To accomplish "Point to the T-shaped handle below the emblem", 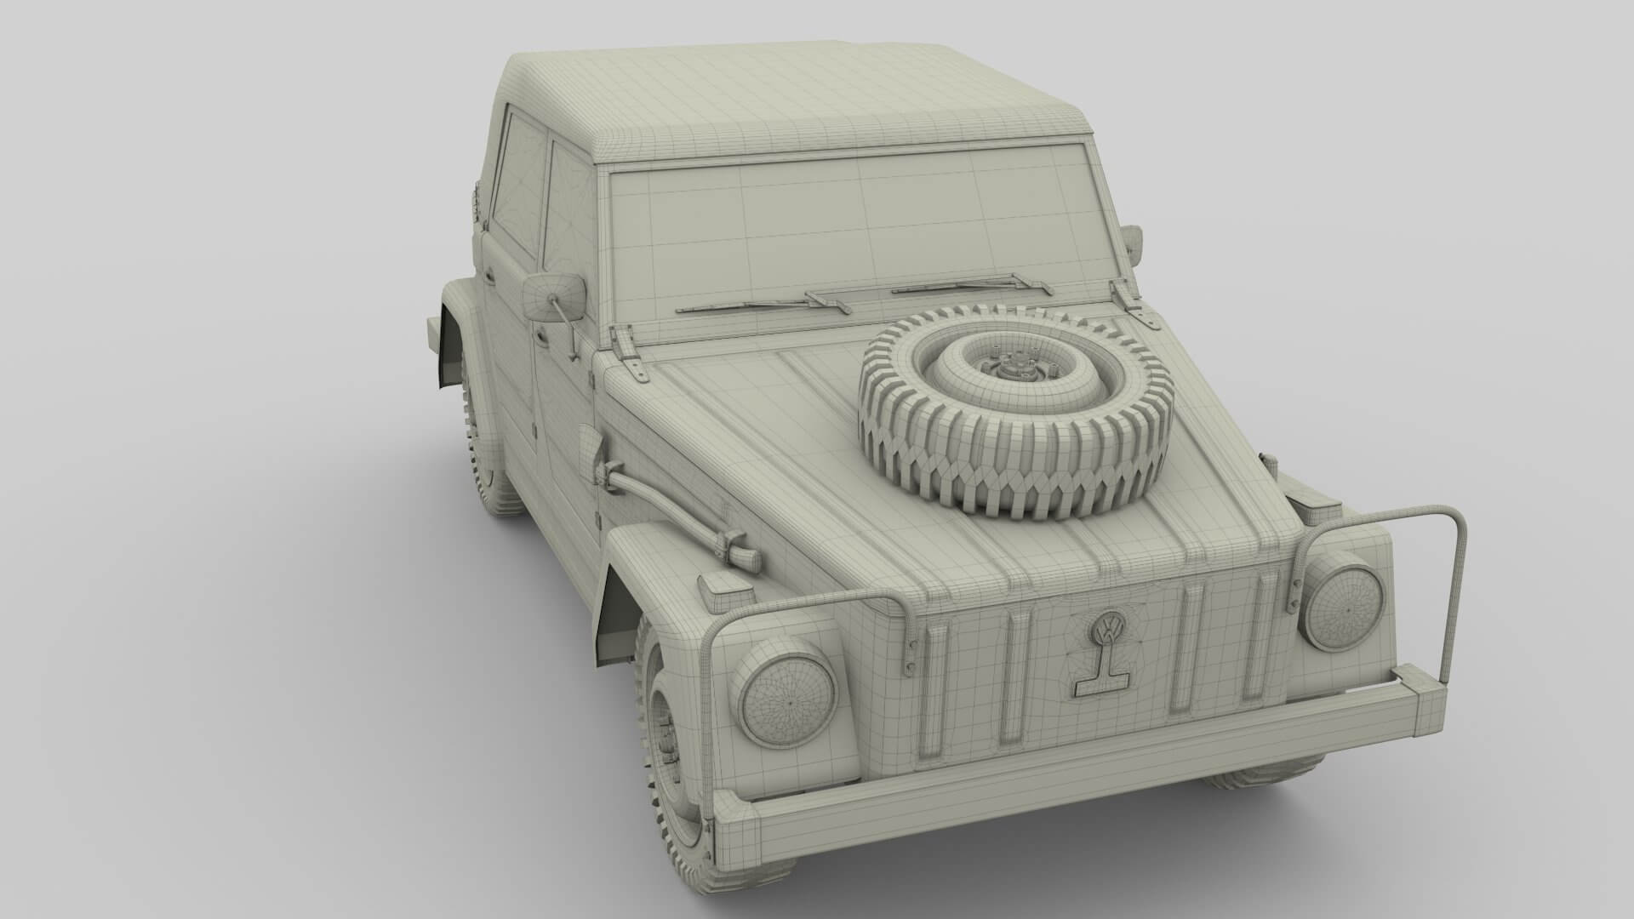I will (1099, 681).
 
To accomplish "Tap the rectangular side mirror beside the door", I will (554, 297).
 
